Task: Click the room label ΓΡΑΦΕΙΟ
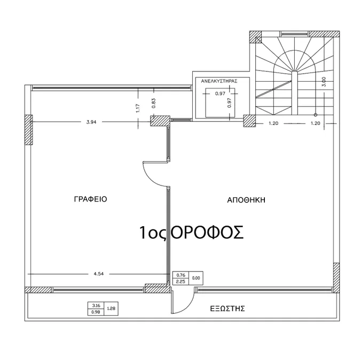click(x=90, y=199)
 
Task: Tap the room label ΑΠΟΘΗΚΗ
click(x=246, y=200)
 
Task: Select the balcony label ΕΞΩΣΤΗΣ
click(x=227, y=308)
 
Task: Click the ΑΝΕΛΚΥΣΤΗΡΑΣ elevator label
click(x=219, y=81)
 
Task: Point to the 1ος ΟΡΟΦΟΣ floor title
click(x=192, y=233)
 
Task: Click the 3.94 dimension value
click(x=91, y=122)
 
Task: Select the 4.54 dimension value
click(x=99, y=274)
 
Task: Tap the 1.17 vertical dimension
click(x=138, y=108)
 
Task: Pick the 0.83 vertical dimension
click(x=154, y=103)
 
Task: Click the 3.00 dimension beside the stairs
click(x=324, y=82)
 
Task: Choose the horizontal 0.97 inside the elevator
click(x=220, y=93)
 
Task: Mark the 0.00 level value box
click(x=196, y=278)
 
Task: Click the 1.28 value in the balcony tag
click(x=111, y=308)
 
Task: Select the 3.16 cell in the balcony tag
click(x=96, y=306)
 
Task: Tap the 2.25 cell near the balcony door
click(x=180, y=282)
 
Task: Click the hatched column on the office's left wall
click(x=28, y=130)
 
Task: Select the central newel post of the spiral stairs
click(x=294, y=93)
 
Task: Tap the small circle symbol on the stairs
click(x=316, y=115)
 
